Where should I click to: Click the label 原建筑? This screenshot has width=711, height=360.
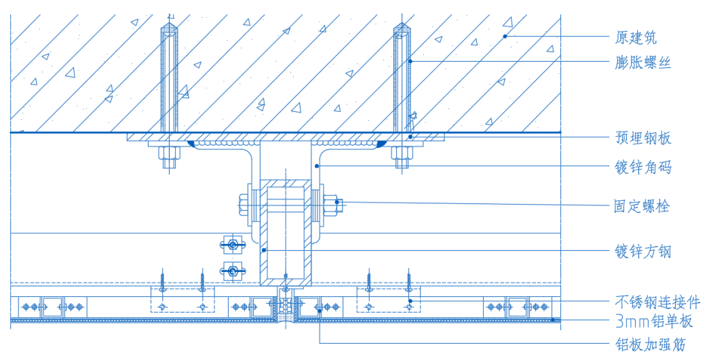[x=635, y=37]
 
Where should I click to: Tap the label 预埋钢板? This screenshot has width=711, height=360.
[x=643, y=138]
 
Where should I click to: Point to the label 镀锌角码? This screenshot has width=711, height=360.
[x=643, y=167]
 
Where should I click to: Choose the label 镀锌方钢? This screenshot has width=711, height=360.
[x=643, y=252]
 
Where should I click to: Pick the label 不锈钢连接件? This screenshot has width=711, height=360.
[x=657, y=302]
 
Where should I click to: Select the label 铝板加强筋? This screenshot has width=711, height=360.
[x=650, y=345]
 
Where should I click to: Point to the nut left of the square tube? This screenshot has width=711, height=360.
[x=244, y=204]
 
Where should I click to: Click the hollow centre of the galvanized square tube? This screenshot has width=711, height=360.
[x=286, y=231]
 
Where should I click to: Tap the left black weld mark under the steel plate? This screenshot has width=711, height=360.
[x=193, y=144]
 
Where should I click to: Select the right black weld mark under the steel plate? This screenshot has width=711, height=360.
[x=382, y=144]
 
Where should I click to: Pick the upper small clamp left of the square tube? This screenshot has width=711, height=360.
[x=232, y=244]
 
